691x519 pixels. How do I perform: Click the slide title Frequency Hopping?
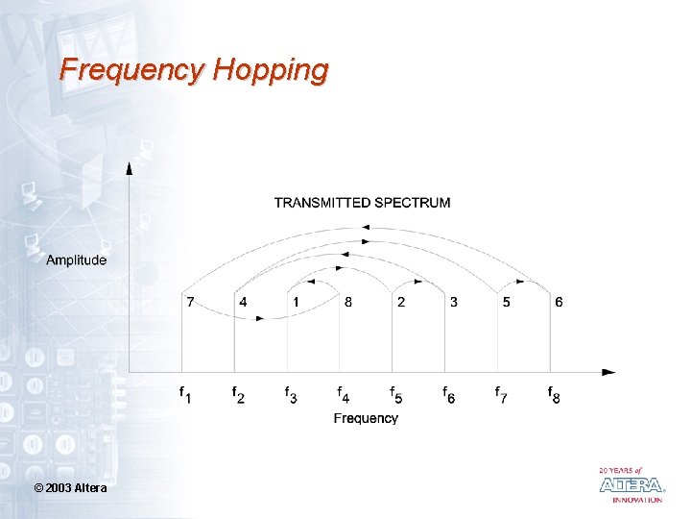coord(193,70)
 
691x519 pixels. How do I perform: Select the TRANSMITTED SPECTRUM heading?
coord(362,203)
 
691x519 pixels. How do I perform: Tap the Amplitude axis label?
coord(77,259)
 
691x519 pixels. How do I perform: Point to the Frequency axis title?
coord(366,418)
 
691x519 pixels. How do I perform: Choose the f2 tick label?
coord(237,394)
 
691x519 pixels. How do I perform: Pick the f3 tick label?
coord(291,394)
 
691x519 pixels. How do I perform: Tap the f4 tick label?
coord(344,394)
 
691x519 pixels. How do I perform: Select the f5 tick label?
coord(396,394)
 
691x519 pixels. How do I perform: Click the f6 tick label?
coord(449,394)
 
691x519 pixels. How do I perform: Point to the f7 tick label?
coord(502,394)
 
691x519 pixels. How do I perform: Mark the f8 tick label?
coord(555,394)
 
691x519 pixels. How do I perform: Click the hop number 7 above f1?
coord(190,302)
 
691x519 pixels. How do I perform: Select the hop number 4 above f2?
coord(243,302)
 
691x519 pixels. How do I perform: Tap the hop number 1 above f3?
coord(296,302)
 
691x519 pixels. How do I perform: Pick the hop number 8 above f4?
coord(348,302)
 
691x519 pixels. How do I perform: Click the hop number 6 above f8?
coord(559,302)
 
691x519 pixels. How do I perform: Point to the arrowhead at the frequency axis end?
coord(609,372)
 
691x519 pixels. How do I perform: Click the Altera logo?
coord(631,484)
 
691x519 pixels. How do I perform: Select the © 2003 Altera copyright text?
coord(70,489)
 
